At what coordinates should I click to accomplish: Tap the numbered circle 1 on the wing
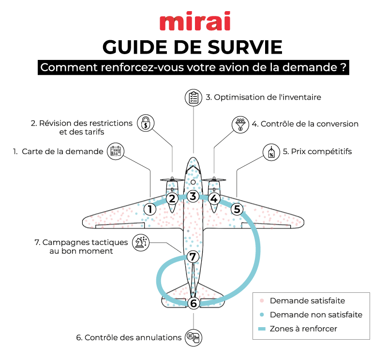click(150, 209)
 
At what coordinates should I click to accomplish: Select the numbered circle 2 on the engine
click(171, 198)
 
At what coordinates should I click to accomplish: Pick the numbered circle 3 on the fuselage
click(193, 196)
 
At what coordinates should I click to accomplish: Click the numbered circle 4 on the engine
click(214, 198)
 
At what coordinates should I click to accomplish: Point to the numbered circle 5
click(237, 209)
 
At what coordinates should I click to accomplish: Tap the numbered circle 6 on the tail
click(193, 303)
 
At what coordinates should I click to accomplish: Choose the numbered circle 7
click(193, 257)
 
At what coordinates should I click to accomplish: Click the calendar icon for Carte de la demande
click(115, 152)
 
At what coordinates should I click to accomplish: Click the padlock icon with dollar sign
click(145, 123)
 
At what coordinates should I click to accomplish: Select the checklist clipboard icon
click(193, 97)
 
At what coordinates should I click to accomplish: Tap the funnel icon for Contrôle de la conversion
click(240, 124)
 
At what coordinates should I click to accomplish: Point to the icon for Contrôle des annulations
click(193, 337)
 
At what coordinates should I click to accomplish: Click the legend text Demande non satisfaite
click(315, 315)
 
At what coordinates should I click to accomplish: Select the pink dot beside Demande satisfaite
click(262, 301)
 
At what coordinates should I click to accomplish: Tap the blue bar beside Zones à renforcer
click(262, 329)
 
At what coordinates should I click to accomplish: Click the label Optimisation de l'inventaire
click(263, 97)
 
